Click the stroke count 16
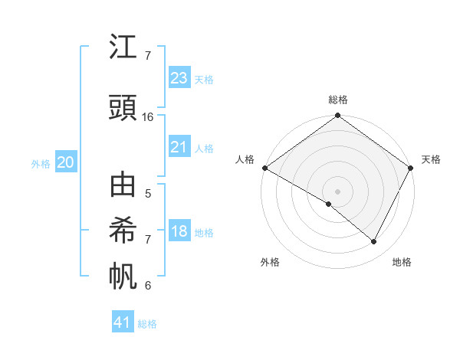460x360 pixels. pos(148,117)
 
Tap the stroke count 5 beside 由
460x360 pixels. pos(148,194)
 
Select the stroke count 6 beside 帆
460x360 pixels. pos(148,285)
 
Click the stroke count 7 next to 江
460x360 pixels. pos(148,56)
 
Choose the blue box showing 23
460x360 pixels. pos(179,78)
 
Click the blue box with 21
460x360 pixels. pos(179,147)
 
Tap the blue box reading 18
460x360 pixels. pos(179,232)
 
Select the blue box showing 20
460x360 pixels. pos(66,162)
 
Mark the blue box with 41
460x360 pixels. pos(123,323)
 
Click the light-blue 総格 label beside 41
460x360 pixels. pos(147,324)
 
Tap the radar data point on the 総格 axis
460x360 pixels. pos(337,116)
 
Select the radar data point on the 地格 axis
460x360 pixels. pos(374,242)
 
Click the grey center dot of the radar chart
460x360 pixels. pos(337,190)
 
